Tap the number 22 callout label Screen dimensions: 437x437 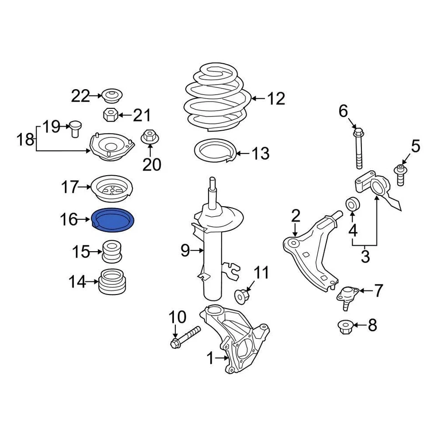pos(81,96)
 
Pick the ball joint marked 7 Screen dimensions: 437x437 pos(346,296)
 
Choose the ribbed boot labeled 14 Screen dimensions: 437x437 pos(113,282)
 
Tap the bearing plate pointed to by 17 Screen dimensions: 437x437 pos(112,188)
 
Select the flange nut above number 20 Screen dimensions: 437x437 pos(150,137)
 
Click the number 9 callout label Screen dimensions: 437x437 pos(184,250)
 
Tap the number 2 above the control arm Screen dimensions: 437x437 pos(296,216)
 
